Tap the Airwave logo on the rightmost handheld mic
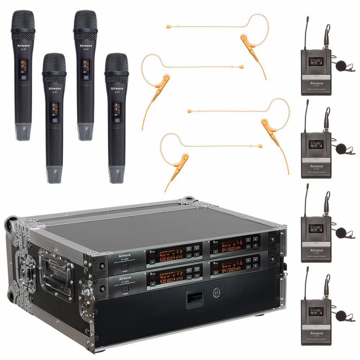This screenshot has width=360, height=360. click(x=116, y=89)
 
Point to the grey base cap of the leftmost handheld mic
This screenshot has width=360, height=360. click(x=23, y=133)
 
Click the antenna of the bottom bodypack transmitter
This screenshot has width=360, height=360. click(x=308, y=281)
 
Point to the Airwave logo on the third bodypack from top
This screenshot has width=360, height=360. click(x=316, y=250)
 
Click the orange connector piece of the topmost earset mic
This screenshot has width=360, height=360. click(x=246, y=41)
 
